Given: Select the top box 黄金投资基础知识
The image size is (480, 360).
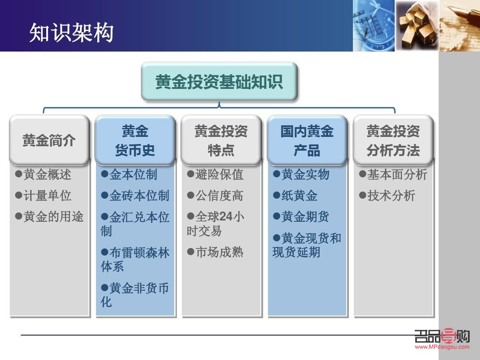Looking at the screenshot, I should (219, 82).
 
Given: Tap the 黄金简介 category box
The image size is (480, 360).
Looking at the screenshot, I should (49, 140).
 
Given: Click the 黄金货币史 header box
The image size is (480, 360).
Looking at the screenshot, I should (135, 140).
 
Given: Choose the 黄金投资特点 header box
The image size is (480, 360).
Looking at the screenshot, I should (221, 140).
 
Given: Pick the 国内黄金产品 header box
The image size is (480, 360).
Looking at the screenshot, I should (307, 140).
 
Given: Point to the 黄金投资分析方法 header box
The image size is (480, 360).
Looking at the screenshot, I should (393, 140).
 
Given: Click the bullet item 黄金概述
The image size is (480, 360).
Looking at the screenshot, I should (47, 175).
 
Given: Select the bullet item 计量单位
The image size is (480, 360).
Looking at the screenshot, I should (47, 196).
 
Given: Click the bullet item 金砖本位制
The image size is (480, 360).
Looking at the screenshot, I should (139, 196).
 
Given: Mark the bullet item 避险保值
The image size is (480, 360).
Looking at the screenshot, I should (219, 175).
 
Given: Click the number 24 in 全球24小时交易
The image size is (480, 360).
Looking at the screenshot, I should (226, 217).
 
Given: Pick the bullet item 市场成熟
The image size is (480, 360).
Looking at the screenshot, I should (219, 252).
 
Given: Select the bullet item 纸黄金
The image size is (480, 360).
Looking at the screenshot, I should (299, 196).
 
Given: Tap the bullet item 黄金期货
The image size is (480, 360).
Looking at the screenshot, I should (305, 217).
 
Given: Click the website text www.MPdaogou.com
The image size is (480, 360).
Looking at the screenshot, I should (442, 347).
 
